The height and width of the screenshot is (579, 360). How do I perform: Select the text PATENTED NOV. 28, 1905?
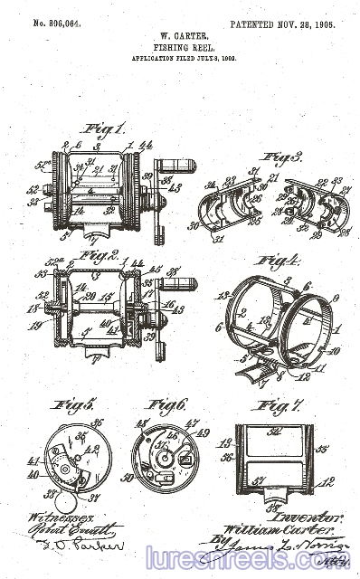281,24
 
